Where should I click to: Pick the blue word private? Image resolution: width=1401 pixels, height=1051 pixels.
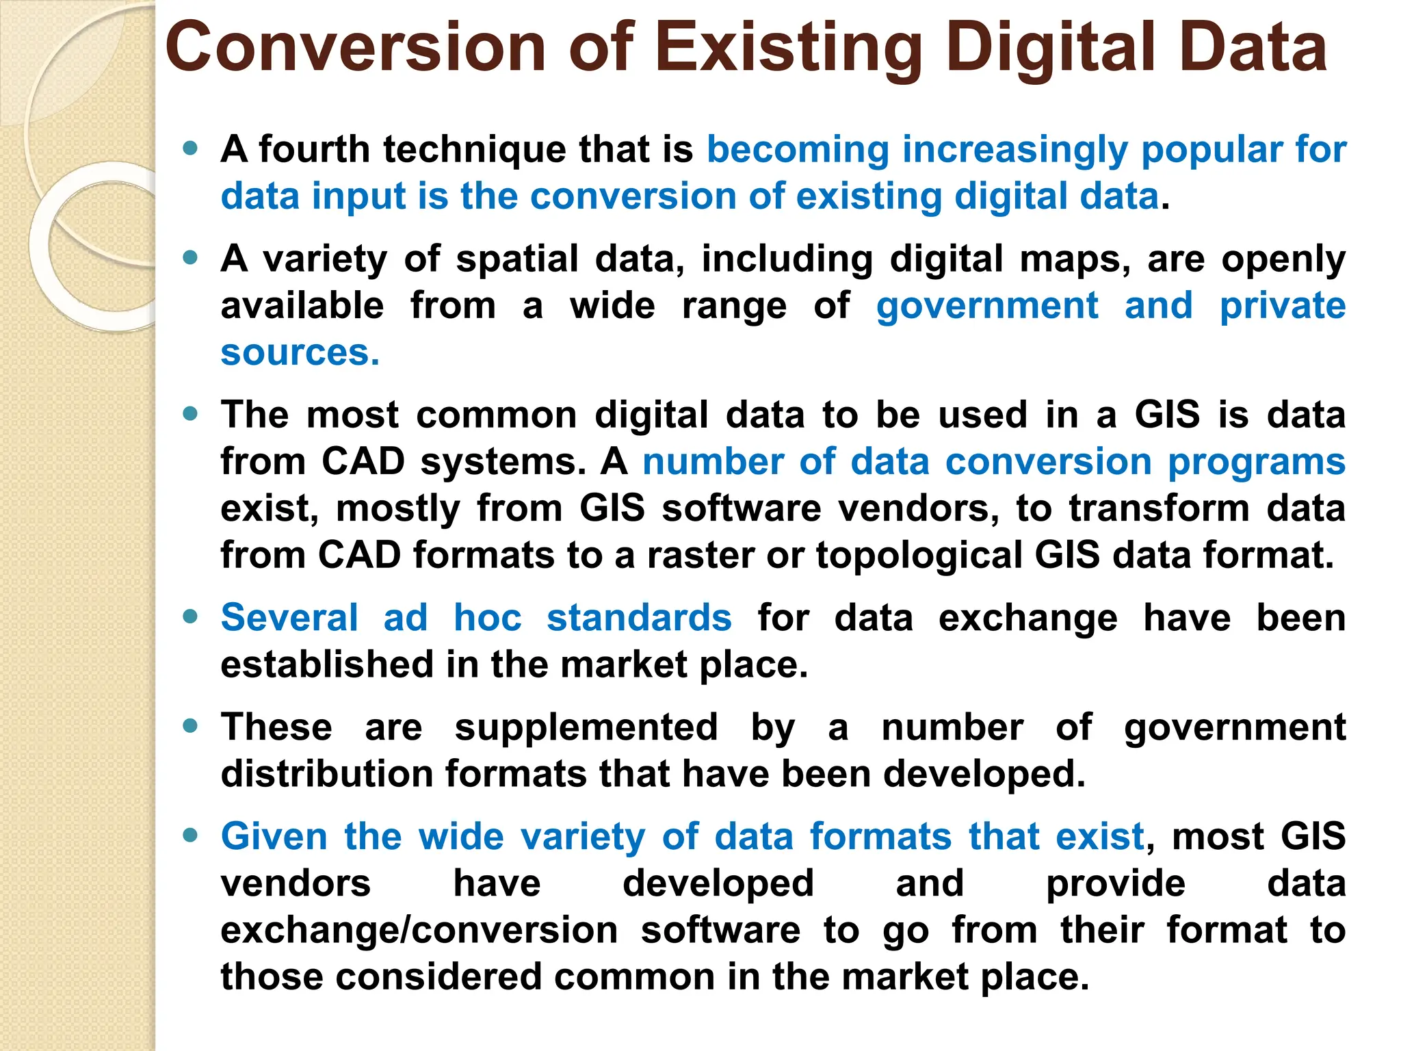pyautogui.click(x=1283, y=306)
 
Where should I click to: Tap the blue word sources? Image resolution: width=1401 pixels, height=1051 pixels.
pyautogui.click(x=299, y=353)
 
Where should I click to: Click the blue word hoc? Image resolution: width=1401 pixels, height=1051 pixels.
pyautogui.click(x=488, y=617)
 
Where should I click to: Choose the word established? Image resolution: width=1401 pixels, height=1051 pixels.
pyautogui.click(x=327, y=664)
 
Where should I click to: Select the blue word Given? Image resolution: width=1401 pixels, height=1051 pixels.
pyautogui.click(x=274, y=837)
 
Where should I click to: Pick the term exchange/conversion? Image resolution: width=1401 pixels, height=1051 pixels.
pyautogui.click(x=419, y=931)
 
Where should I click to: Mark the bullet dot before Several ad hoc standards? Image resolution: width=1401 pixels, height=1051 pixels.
pyautogui.click(x=190, y=617)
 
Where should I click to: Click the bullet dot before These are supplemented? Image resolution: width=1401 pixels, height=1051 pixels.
pyautogui.click(x=190, y=726)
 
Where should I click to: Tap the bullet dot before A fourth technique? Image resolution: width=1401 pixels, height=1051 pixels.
pyautogui.click(x=190, y=148)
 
